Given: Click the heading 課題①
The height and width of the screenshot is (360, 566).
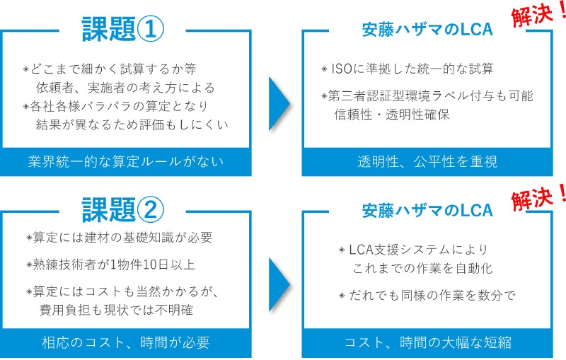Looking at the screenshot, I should click(125, 29).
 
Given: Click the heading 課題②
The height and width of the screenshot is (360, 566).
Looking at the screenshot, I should click(125, 208).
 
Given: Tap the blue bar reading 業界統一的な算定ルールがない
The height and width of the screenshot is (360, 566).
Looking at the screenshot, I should click(126, 162).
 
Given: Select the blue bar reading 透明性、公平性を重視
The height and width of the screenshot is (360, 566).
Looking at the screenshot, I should click(427, 162).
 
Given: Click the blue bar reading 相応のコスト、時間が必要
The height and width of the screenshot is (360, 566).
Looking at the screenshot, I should click(126, 343).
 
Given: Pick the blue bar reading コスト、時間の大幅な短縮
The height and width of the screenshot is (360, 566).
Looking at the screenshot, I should click(427, 343).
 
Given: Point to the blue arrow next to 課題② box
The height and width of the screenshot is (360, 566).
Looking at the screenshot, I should click(279, 282).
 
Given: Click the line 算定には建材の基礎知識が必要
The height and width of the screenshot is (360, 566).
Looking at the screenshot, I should click(118, 238).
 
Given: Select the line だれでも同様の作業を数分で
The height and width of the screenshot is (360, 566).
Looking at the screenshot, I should click(427, 296).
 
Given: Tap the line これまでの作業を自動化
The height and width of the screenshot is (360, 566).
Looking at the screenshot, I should click(422, 269).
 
